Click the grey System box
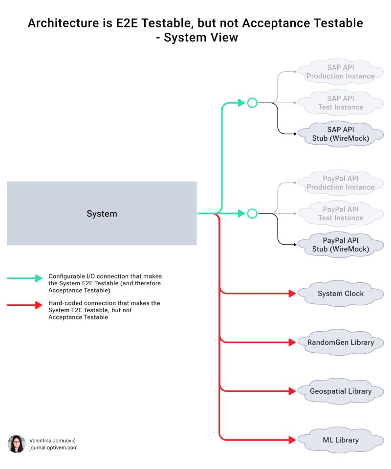[x=102, y=213]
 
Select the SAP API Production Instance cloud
[x=341, y=72]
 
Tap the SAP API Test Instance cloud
[x=341, y=103]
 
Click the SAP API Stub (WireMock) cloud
[x=341, y=134]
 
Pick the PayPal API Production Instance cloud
[x=341, y=183]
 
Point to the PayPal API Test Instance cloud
[x=341, y=213]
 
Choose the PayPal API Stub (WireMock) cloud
[x=341, y=245]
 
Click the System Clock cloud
[x=341, y=294]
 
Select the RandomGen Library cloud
[x=341, y=342]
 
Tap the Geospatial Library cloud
[x=341, y=391]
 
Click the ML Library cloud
[x=341, y=440]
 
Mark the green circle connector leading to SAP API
[x=252, y=103]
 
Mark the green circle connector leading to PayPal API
[x=252, y=213]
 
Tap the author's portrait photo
[x=16, y=444]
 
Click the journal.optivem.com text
[x=53, y=448]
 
